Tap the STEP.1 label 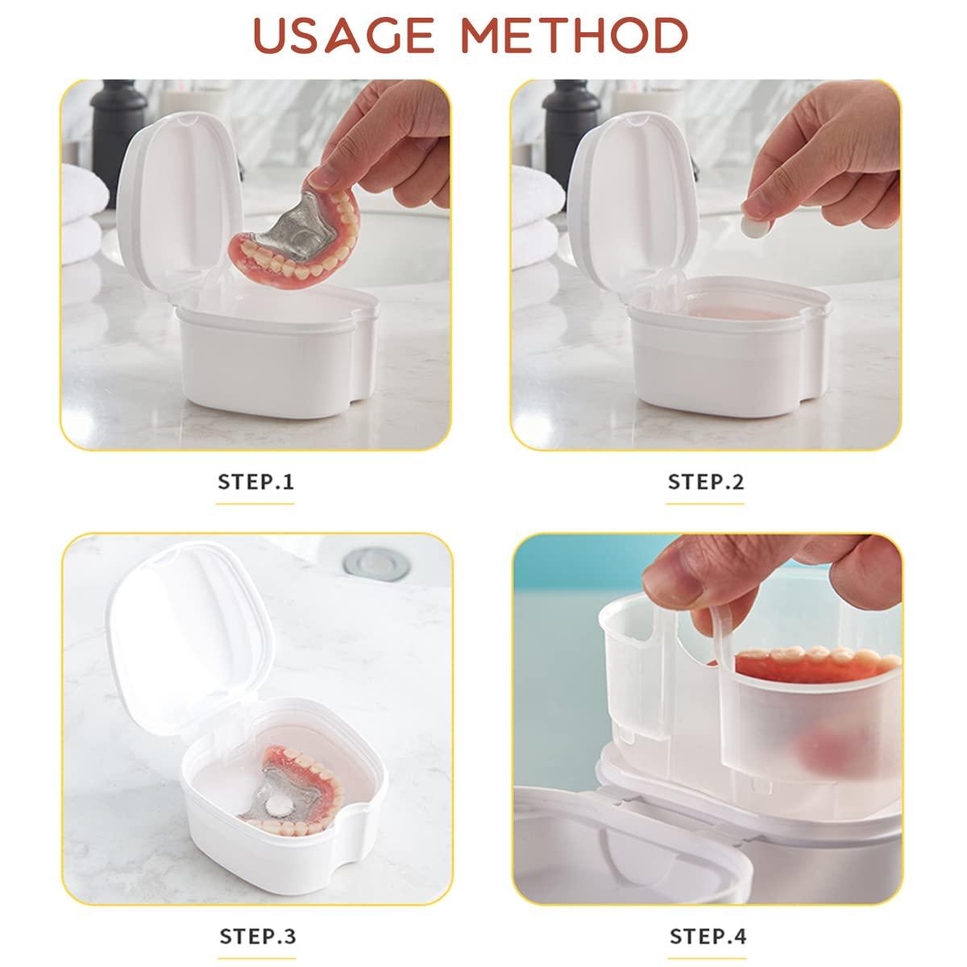256,482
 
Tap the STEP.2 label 706,482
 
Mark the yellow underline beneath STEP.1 255,504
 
